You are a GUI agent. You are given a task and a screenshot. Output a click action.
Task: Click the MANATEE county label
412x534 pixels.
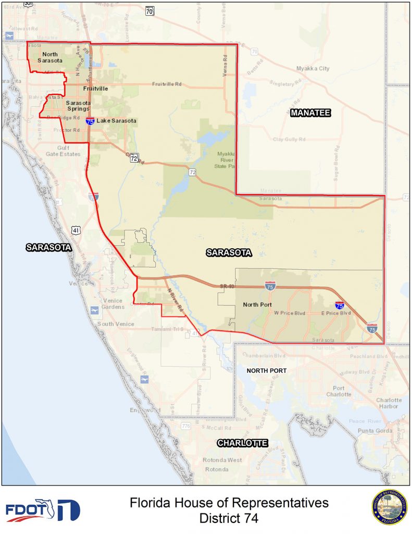[x=311, y=113]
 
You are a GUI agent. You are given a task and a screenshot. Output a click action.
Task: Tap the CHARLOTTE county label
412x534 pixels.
[x=242, y=443]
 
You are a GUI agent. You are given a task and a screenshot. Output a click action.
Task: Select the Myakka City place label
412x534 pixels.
[x=313, y=68]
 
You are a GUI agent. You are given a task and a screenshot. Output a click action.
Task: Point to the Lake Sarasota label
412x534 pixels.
[x=117, y=121]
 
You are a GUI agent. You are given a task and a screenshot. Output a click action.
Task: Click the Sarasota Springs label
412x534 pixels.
[x=78, y=106]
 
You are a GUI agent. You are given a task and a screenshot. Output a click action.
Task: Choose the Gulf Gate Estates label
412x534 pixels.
[x=63, y=151]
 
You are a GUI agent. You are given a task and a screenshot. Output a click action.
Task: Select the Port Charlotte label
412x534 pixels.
[x=339, y=391]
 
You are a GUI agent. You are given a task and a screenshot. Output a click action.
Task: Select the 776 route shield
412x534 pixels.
[x=185, y=426]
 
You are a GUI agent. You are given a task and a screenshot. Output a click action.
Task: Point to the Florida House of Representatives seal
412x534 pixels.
[x=389, y=507]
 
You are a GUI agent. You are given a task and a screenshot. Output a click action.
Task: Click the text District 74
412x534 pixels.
[x=229, y=518]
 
